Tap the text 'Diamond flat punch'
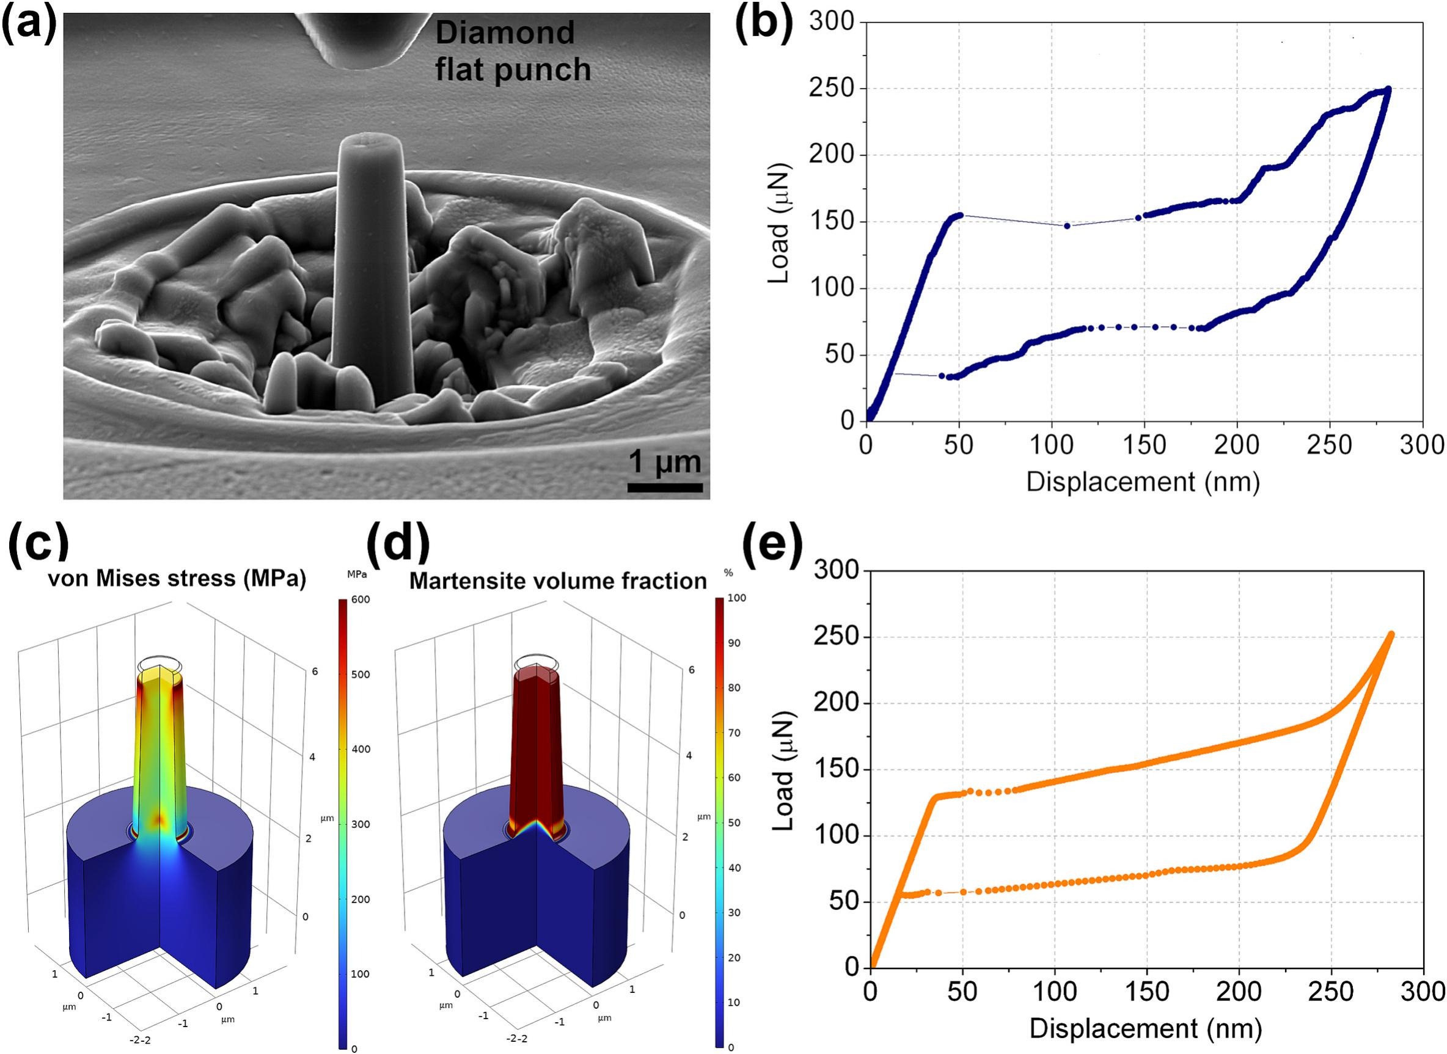pos(512,51)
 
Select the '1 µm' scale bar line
pos(665,488)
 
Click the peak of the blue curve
pos(1388,89)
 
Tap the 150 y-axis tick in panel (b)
pos(831,222)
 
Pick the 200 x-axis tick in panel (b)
pos(1237,445)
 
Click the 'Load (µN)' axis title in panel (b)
pos(780,222)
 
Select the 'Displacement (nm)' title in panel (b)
pos(1143,481)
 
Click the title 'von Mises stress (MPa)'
pos(177,578)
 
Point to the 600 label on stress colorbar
pos(361,600)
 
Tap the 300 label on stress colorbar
pos(361,824)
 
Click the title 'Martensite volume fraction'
pos(558,580)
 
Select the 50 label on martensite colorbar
pos(734,823)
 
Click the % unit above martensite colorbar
pos(728,573)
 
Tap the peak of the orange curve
pos(1391,634)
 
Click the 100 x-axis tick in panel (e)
pos(1054,992)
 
